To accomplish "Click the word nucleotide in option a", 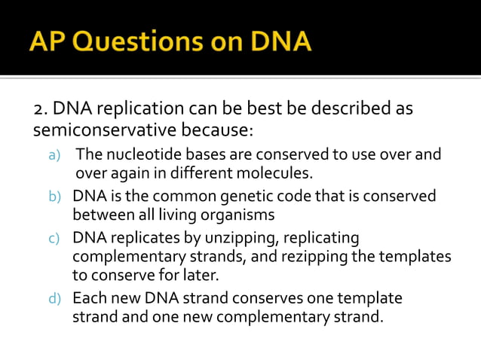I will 136,155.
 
